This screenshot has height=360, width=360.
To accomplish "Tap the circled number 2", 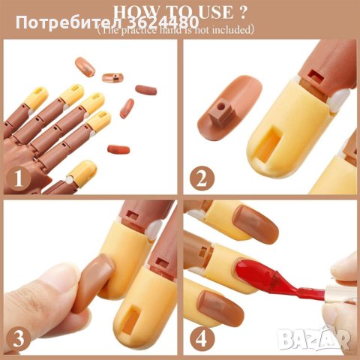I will click(200, 178).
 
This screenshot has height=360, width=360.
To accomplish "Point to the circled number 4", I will click(200, 337).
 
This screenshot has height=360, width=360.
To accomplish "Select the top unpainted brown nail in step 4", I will click(255, 223).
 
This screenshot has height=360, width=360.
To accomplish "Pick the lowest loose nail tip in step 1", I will click(118, 149).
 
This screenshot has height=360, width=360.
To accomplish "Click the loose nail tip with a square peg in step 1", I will click(112, 78).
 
